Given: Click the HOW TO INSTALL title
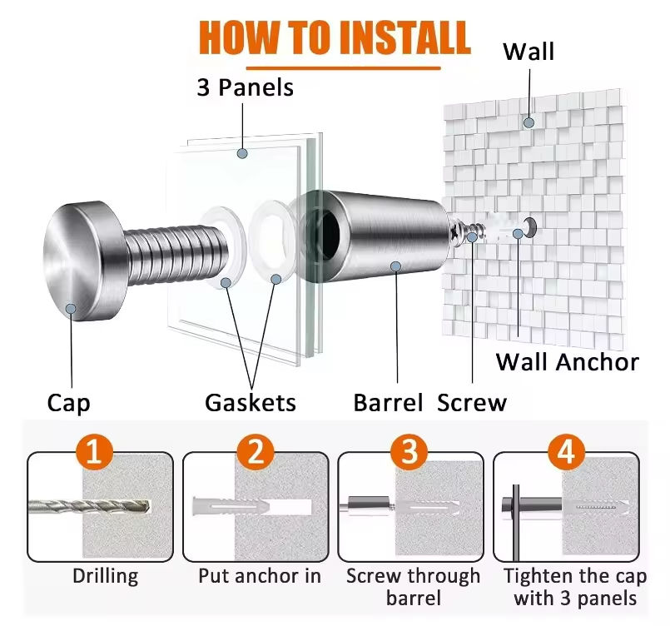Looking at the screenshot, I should coord(335,37).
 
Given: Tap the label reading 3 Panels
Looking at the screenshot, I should coord(245,87).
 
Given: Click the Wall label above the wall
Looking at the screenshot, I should coord(529,52).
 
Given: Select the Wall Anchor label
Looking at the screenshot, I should coord(568,362).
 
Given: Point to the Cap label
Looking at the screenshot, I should coord(68,404).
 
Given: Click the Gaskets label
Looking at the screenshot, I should coord(251,404).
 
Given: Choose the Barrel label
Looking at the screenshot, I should coord(390,404).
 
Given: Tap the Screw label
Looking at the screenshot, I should coord(472,404).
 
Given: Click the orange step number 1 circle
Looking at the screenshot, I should coord(94,453).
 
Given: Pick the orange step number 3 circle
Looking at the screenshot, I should coord(409,453).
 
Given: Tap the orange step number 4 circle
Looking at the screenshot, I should coord(566,453).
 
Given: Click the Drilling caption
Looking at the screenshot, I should coord(105,576).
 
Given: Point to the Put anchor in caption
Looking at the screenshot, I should coord(260,576).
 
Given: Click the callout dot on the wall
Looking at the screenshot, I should coord(529,122).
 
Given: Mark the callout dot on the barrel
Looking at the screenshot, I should coord(396,266).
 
